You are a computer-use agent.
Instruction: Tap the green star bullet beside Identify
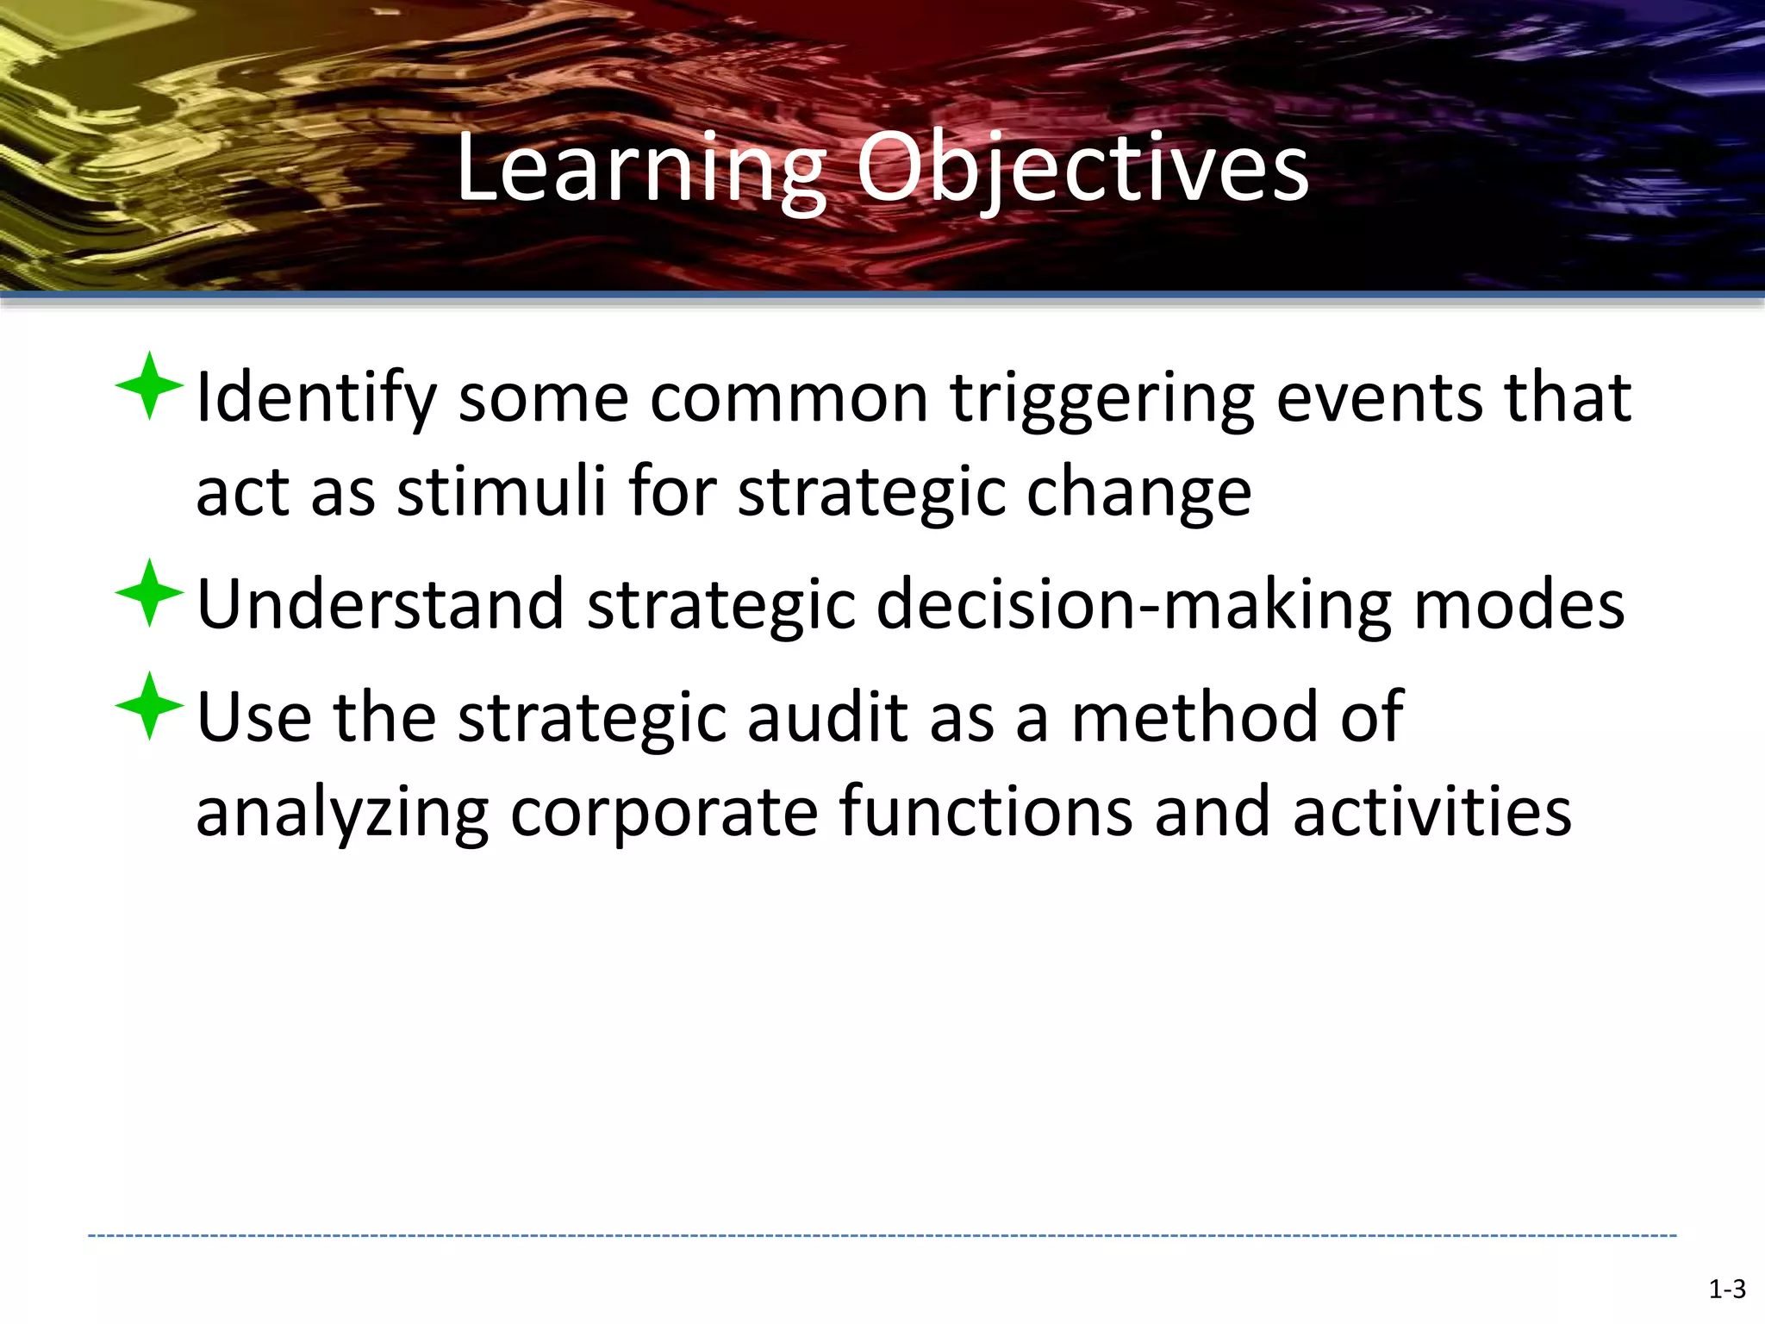(x=149, y=386)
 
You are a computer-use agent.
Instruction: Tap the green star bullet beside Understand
(x=149, y=593)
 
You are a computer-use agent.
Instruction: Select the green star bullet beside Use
(x=149, y=706)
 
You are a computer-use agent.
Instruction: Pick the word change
(x=1138, y=492)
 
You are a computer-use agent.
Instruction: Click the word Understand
(x=380, y=604)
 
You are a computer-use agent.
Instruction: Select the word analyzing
(x=342, y=813)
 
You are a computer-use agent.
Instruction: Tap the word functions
(x=984, y=813)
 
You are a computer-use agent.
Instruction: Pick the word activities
(x=1431, y=813)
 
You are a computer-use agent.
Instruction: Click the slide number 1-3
(x=1726, y=1290)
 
